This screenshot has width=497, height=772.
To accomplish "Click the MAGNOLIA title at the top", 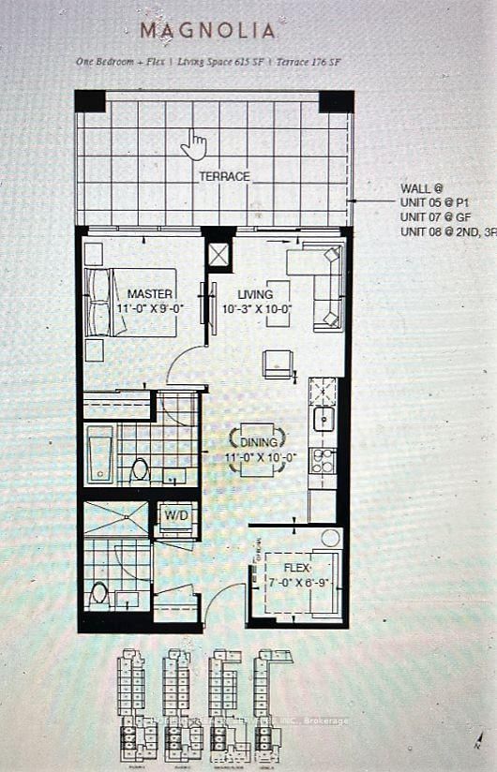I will pos(207,30).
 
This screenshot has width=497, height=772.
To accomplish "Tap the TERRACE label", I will pos(224,176).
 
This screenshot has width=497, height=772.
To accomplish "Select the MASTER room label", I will pos(150,293).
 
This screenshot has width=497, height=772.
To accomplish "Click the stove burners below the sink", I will pos(322,459).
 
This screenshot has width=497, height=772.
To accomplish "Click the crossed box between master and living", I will pos(218,255).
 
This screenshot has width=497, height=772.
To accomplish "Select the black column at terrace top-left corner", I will pos(90,100).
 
